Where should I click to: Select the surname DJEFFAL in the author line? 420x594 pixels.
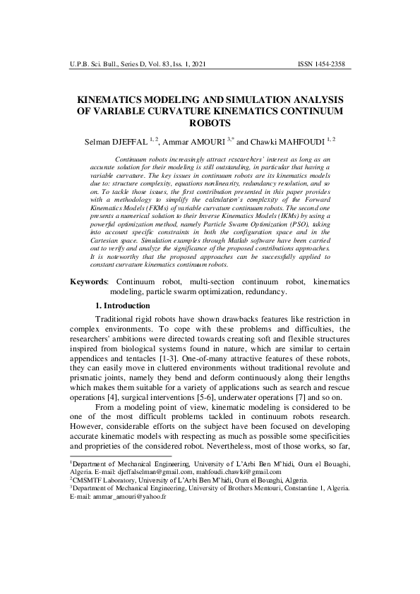point(147,143)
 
